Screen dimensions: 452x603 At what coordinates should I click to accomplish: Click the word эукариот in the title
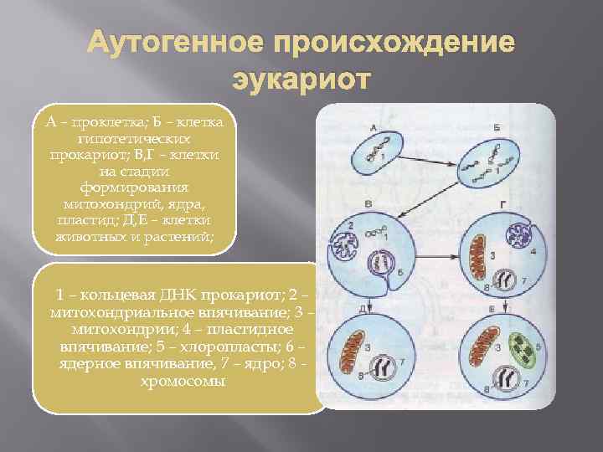point(297,81)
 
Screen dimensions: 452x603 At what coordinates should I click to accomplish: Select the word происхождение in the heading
point(400,44)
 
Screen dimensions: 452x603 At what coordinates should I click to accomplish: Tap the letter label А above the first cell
point(371,127)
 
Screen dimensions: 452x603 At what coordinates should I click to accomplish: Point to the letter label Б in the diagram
point(497,126)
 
